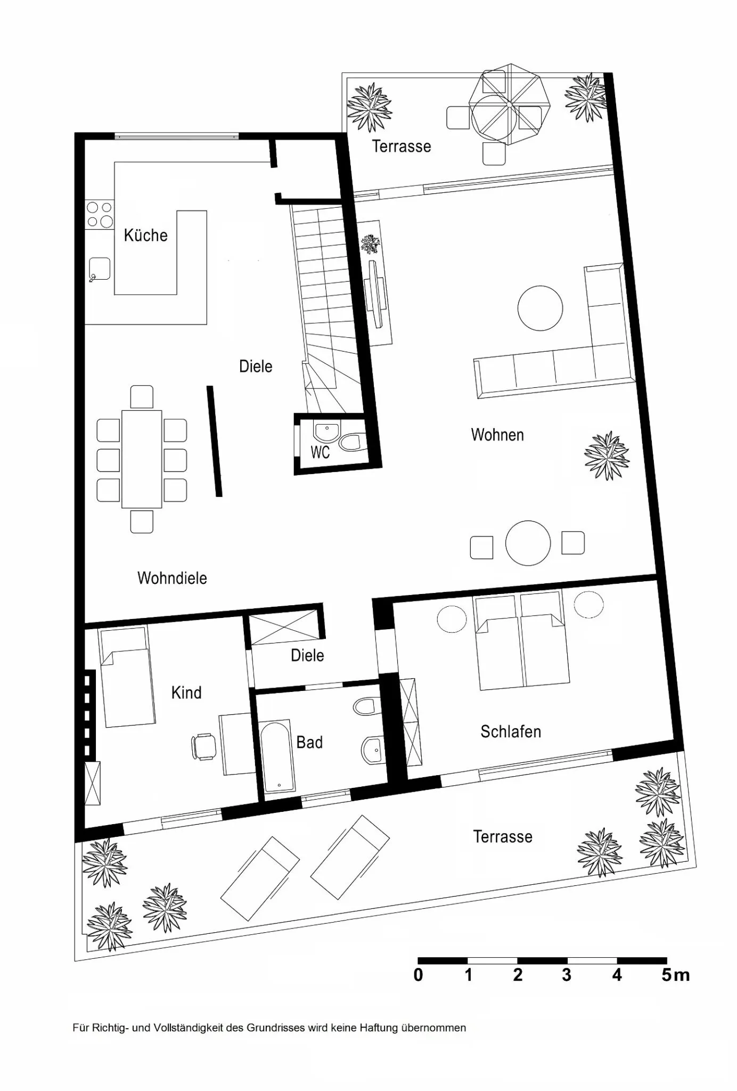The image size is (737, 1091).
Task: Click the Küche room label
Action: (145, 235)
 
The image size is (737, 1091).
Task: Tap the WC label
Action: (320, 452)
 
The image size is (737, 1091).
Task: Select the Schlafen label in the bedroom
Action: (511, 731)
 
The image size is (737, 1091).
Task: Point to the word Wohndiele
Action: (172, 578)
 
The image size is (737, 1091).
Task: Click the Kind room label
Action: (186, 693)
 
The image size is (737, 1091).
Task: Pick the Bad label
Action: (309, 742)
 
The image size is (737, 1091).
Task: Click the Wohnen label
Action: (497, 435)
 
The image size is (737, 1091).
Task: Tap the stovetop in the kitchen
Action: (100, 214)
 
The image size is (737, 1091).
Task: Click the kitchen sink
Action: (100, 269)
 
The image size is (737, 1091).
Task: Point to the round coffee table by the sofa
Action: (540, 308)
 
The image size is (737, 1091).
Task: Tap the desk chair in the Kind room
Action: (204, 746)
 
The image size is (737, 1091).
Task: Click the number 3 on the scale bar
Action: (567, 975)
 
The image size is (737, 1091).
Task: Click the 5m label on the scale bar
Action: (676, 975)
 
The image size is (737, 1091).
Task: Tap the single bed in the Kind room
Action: (127, 677)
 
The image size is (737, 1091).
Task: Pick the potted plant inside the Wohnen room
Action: (607, 455)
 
